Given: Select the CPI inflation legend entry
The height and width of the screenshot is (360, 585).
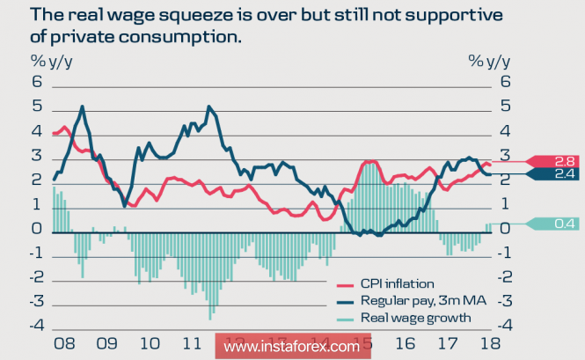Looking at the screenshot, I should pyautogui.click(x=397, y=283).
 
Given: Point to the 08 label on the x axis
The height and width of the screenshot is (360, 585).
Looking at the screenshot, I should pyautogui.click(x=63, y=343).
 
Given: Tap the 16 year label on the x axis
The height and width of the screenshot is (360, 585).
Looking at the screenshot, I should pyautogui.click(x=405, y=343).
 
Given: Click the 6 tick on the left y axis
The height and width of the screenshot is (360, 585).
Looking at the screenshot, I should pyautogui.click(x=38, y=82).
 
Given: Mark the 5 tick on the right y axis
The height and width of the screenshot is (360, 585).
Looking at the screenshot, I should pyautogui.click(x=505, y=107).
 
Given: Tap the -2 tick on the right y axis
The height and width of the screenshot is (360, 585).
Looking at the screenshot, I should pyautogui.click(x=508, y=278).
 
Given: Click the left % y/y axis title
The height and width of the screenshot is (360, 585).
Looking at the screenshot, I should pyautogui.click(x=52, y=61).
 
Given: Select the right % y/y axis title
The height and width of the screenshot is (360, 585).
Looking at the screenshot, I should pyautogui.click(x=488, y=61).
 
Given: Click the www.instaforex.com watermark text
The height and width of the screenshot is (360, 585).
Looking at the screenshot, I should pyautogui.click(x=291, y=346).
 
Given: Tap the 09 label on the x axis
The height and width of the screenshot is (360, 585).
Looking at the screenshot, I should pyautogui.click(x=106, y=343).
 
